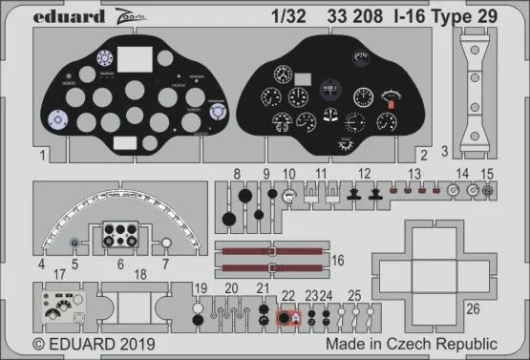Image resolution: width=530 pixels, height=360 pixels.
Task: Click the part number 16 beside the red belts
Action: pos(337,259)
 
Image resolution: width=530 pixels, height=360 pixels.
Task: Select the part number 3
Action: pos(445,150)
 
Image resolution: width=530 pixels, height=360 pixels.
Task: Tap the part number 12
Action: pos(364,172)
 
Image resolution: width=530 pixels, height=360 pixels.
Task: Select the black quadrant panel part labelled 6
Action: pos(122,237)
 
